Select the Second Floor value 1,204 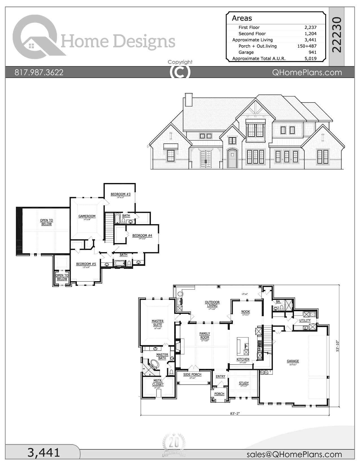click(x=310, y=34)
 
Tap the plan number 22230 click(x=337, y=34)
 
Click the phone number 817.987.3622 click(x=39, y=72)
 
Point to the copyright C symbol click(x=180, y=72)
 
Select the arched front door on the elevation click(x=232, y=159)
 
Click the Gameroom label click(x=87, y=216)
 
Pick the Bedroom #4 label click(x=142, y=236)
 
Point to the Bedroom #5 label click(x=86, y=264)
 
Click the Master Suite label click(x=157, y=323)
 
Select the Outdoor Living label click(x=212, y=304)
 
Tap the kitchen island click(x=243, y=346)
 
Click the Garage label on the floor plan click(x=293, y=361)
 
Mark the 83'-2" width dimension click(x=235, y=413)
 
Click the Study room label click(x=244, y=383)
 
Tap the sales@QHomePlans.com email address click(x=294, y=454)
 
